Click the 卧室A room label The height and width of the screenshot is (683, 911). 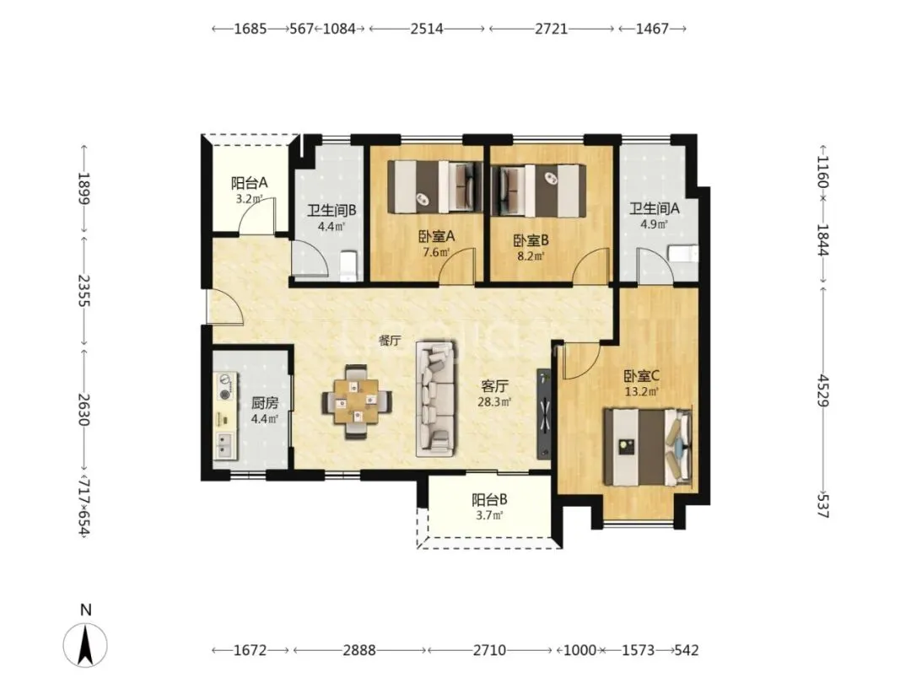[436, 236]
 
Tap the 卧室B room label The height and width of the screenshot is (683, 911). [531, 239]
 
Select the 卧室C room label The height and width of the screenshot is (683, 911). [641, 376]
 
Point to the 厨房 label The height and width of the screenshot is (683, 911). [264, 402]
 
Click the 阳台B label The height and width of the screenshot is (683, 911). [489, 499]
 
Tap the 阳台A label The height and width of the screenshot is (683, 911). [249, 183]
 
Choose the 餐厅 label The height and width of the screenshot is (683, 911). [389, 341]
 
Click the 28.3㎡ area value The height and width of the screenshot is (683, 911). [494, 401]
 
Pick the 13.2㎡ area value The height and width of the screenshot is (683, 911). [641, 391]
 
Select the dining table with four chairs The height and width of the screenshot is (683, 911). [357, 401]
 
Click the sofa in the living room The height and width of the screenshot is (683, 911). [435, 399]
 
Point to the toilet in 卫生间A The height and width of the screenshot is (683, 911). [683, 254]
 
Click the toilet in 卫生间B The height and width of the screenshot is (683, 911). [348, 262]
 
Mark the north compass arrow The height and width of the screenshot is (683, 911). [85, 645]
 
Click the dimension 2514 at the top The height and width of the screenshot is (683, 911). [427, 29]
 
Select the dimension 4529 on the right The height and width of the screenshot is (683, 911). [823, 390]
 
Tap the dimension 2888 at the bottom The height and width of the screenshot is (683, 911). [359, 650]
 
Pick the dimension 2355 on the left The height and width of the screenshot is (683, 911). [84, 291]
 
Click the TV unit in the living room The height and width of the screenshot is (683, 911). [543, 413]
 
